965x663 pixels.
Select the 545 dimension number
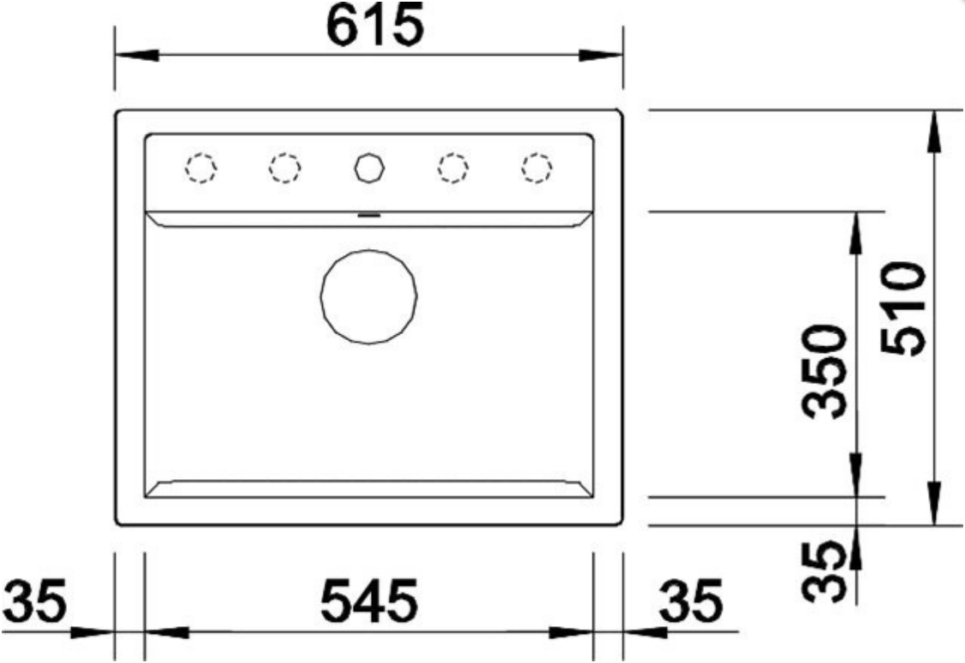[x=369, y=599]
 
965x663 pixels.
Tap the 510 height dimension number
[x=903, y=309]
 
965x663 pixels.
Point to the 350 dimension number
[x=825, y=372]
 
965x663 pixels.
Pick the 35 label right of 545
[x=690, y=599]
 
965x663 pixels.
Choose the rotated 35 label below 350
[x=825, y=571]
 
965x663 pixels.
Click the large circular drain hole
[x=368, y=297]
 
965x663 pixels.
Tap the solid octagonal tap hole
[x=369, y=167]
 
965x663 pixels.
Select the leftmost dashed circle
[x=201, y=167]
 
